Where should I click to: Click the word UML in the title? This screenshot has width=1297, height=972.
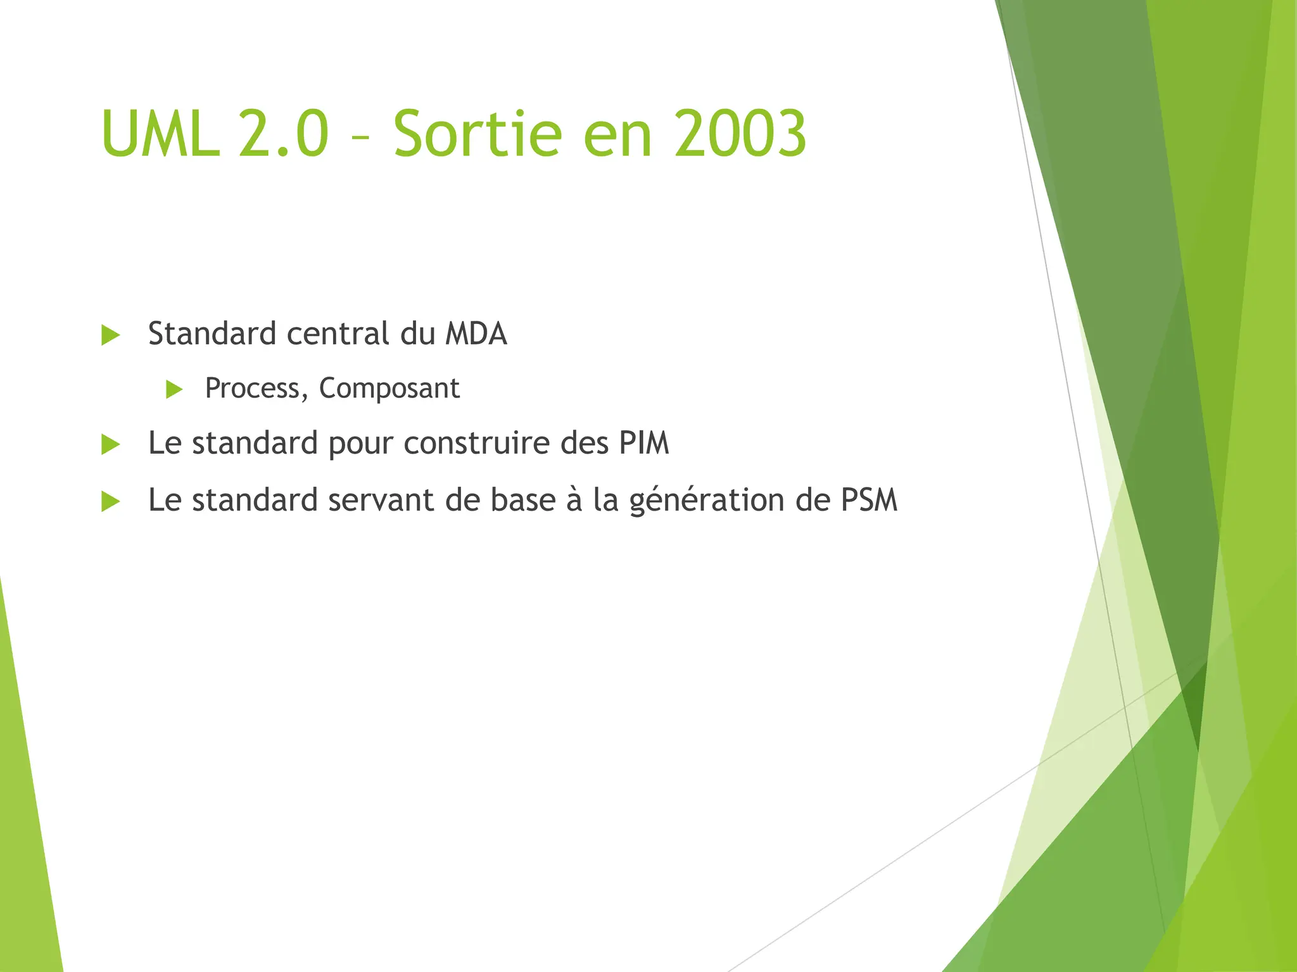click(x=160, y=134)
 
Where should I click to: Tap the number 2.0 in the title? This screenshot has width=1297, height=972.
click(x=284, y=134)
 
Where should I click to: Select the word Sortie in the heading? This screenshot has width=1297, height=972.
click(x=477, y=134)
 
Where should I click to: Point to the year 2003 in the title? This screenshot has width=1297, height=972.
click(x=740, y=134)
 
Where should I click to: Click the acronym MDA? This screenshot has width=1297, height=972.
click(x=476, y=334)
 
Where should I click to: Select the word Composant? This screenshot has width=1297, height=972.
click(x=389, y=389)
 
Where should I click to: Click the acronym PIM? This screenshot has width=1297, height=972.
click(x=643, y=443)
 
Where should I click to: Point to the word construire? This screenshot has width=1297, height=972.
click(x=478, y=443)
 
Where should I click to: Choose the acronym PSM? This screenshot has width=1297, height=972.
click(x=869, y=500)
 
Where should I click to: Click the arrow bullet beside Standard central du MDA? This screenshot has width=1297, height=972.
click(x=111, y=335)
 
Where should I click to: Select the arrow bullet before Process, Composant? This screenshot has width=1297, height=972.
click(x=174, y=389)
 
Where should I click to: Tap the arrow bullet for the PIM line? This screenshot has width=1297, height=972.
click(x=111, y=444)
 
